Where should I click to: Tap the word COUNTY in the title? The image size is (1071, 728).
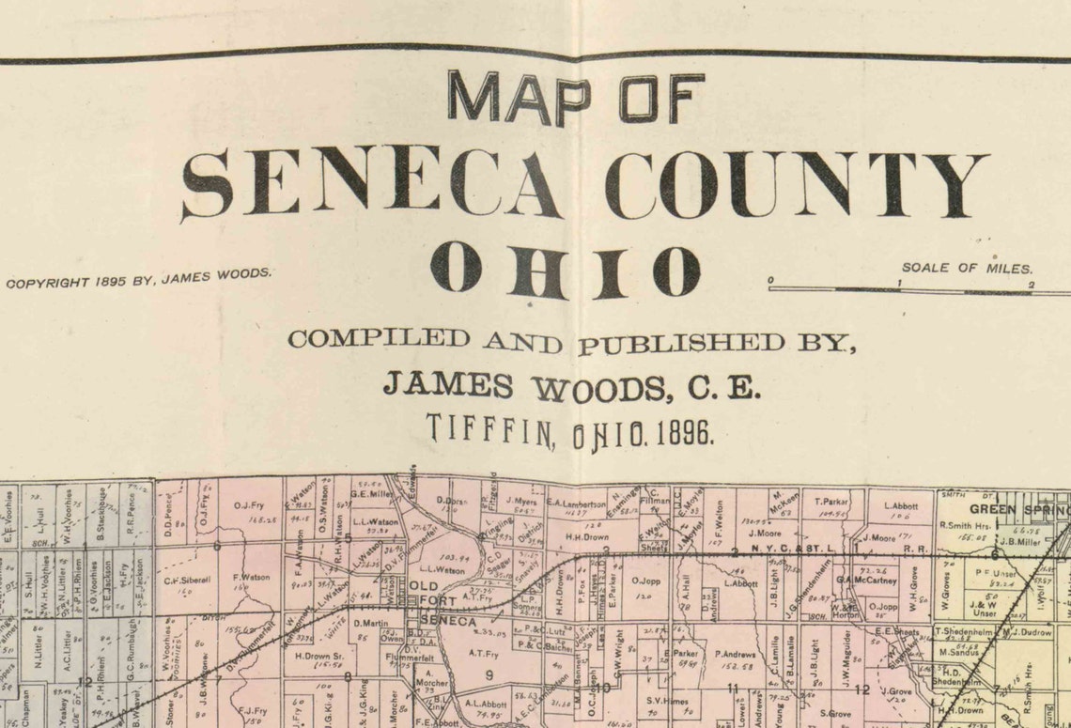pos(796,184)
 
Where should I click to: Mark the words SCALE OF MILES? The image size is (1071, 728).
pos(967,268)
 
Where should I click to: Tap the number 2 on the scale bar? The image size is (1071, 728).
pos(1031,285)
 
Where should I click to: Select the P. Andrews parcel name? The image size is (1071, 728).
pos(735,654)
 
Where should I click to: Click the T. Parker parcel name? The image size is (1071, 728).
pos(831,502)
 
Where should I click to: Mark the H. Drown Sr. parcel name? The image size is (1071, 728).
pos(318,656)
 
